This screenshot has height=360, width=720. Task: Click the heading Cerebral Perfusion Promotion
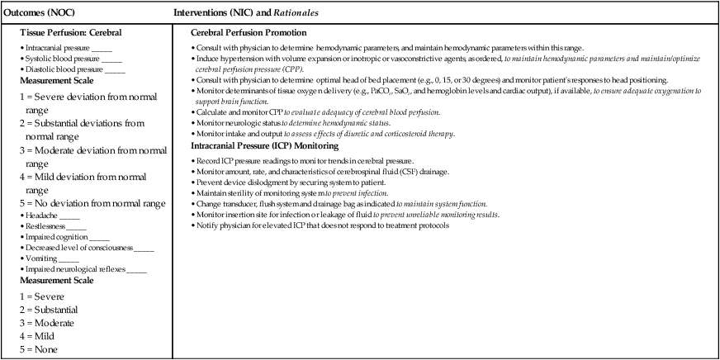tap(244, 32)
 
